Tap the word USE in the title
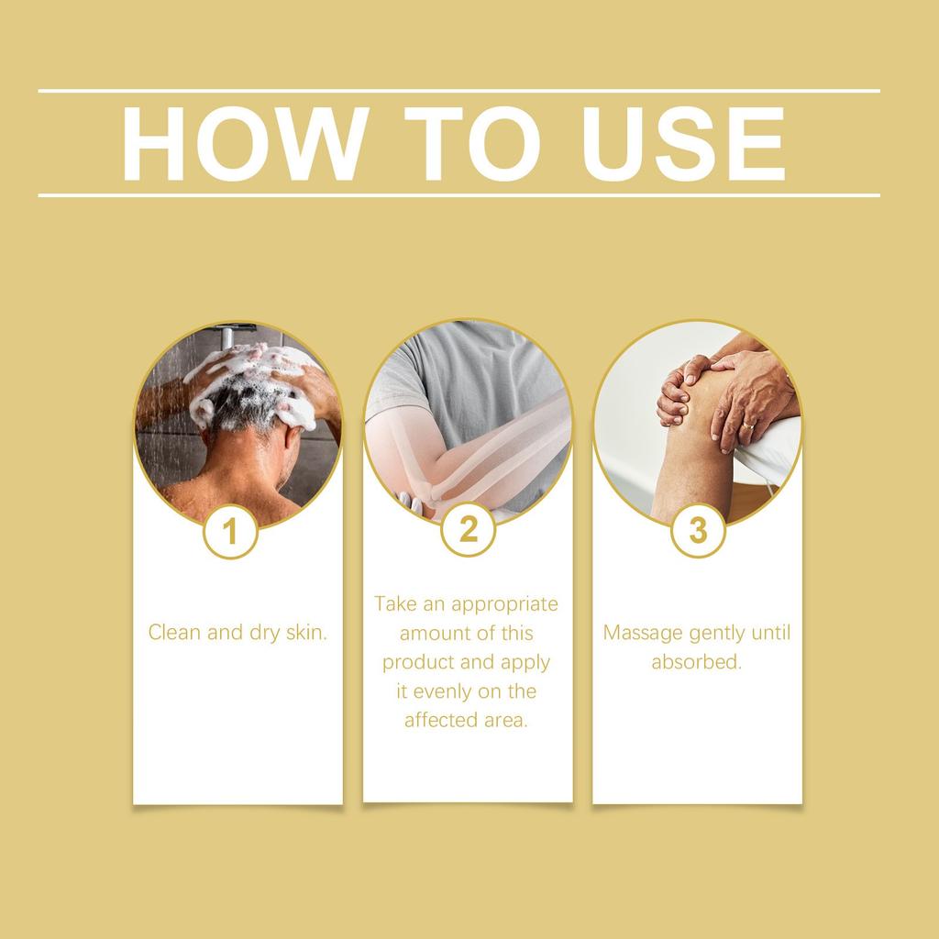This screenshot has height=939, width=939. tap(683, 145)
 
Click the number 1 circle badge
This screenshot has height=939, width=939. tap(230, 531)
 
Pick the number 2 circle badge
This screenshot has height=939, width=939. tap(469, 529)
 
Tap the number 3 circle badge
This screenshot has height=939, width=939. tap(698, 530)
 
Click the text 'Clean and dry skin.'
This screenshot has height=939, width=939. tap(238, 632)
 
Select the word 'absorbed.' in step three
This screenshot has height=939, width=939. tap(697, 662)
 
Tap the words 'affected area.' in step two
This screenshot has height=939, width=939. tap(467, 720)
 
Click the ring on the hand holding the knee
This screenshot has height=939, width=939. tap(749, 425)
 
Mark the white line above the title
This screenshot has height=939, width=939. tap(458, 91)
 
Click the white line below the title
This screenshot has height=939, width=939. tap(458, 194)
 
